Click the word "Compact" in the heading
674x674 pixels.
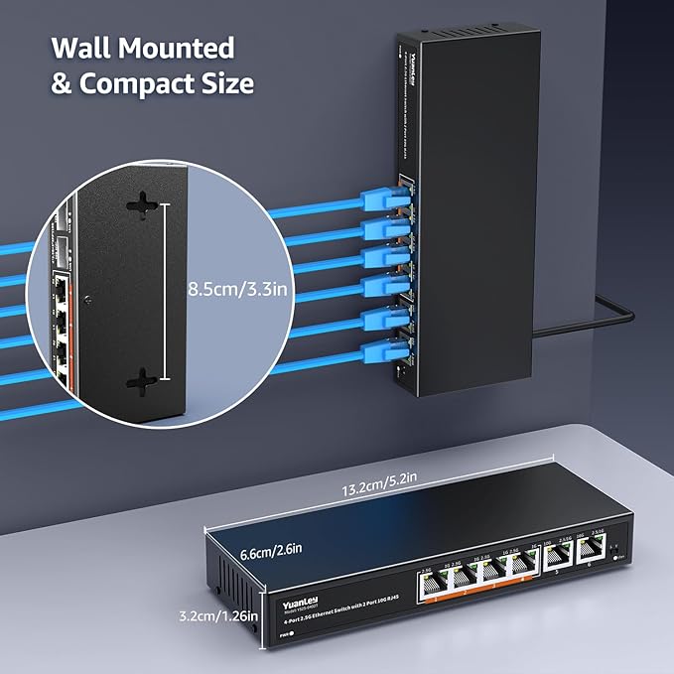(x=131, y=83)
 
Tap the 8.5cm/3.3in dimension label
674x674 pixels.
(x=237, y=290)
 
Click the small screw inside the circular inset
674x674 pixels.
(x=87, y=297)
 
